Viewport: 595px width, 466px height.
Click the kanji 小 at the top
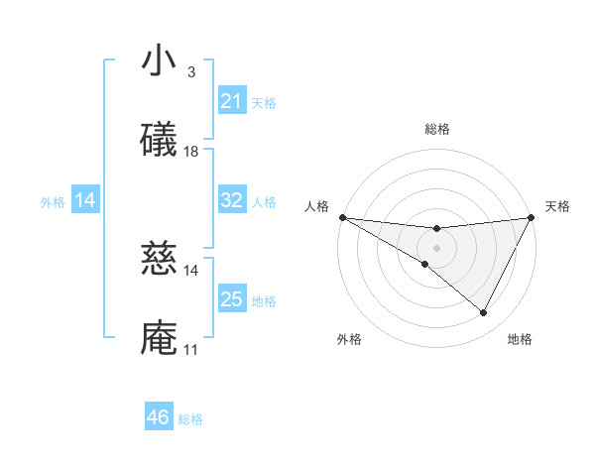(159, 61)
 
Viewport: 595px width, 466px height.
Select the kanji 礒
(159, 141)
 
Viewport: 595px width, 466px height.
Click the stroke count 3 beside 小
(190, 72)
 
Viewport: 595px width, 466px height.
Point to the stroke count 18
(191, 152)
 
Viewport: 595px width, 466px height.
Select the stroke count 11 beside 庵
(190, 350)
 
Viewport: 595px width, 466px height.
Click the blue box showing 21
(231, 101)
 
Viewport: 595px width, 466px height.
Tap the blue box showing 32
(231, 200)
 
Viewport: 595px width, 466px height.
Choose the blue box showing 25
(231, 299)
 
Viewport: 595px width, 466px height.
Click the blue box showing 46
(158, 418)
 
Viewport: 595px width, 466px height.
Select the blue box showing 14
(84, 200)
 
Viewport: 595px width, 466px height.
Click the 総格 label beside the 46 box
(190, 419)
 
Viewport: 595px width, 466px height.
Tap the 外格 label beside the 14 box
(53, 201)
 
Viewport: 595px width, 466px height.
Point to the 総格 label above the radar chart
(436, 129)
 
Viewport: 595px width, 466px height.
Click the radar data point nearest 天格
(531, 217)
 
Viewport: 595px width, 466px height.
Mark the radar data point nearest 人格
(342, 217)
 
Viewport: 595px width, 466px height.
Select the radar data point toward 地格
(484, 313)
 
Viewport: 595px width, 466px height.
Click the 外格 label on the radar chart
(349, 339)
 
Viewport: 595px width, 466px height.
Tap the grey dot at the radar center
(436, 248)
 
